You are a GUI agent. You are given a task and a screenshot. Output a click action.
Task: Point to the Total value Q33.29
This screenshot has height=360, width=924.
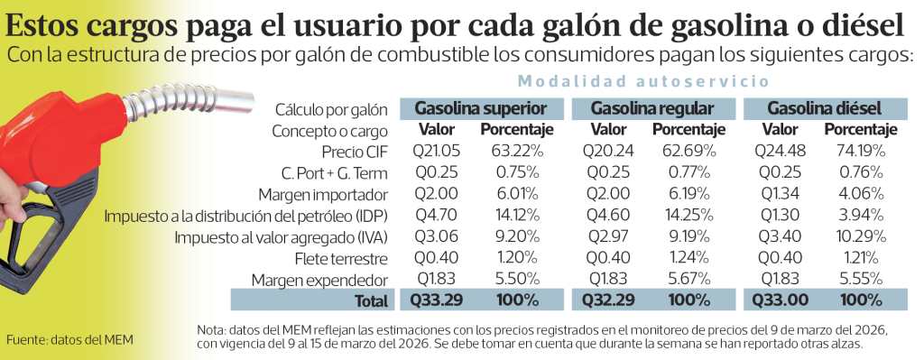[436, 300]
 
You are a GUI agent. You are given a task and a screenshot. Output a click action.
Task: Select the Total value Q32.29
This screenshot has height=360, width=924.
[608, 300]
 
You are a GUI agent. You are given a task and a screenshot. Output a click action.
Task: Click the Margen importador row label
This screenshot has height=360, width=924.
[322, 195]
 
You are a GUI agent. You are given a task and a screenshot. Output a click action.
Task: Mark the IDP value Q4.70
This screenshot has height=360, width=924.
[436, 216]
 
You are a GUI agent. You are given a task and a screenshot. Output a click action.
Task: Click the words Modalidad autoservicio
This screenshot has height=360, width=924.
[643, 81]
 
